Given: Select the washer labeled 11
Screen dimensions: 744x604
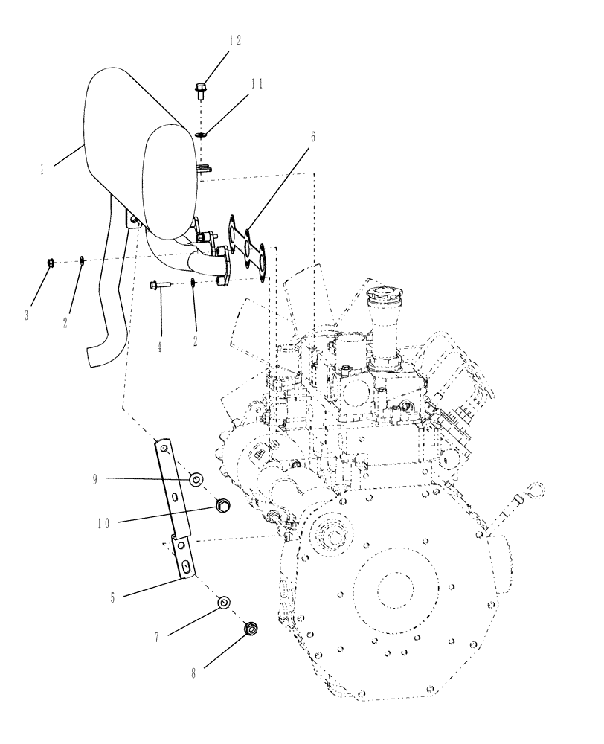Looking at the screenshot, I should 201,134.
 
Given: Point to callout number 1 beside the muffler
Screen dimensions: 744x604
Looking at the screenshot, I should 44,170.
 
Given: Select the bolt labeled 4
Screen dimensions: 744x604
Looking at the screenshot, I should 162,284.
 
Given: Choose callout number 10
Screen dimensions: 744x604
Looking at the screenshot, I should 103,523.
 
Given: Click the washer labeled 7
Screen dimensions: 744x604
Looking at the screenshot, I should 222,601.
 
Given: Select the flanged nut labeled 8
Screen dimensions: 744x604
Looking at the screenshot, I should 251,630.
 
